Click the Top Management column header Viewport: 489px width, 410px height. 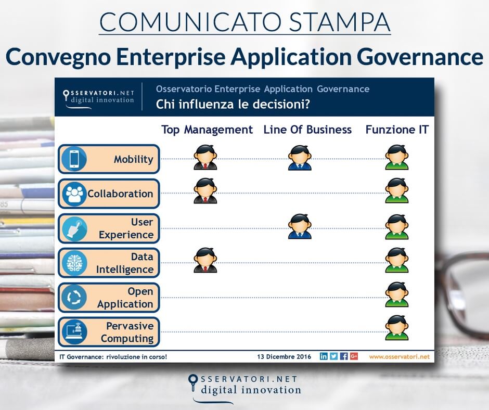click(207, 130)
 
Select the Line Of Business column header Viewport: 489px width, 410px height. click(307, 130)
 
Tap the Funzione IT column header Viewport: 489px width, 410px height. click(397, 130)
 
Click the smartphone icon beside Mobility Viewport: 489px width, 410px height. click(73, 159)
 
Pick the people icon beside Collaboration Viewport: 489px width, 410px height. click(73, 194)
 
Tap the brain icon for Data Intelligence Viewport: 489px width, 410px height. click(73, 263)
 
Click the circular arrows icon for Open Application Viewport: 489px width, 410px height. click(73, 297)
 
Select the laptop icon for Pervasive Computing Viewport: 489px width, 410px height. click(73, 331)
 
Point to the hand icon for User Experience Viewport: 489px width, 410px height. click(73, 228)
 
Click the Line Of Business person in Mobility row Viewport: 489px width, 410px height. click(300, 158)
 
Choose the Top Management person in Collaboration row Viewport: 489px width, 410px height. click(205, 190)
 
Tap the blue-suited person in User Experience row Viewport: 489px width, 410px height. click(300, 226)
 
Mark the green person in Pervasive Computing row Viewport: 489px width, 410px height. click(397, 328)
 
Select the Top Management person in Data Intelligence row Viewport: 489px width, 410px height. click(205, 260)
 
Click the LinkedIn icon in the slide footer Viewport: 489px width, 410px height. click(324, 356)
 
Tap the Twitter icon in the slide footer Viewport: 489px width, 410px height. click(333, 356)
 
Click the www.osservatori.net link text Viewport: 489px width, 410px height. click(400, 357)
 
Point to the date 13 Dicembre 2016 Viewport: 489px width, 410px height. click(284, 357)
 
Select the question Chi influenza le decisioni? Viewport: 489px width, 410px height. click(234, 104)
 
